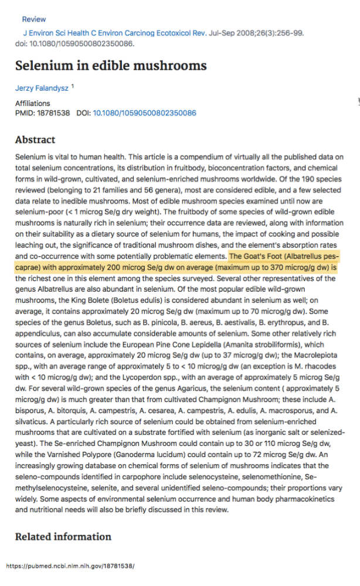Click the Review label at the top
pos(33,19)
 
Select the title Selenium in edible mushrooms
pos(111,65)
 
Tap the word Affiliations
pos(33,104)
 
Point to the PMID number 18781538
pos(54,113)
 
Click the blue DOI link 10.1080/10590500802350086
pos(144,113)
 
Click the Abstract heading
pos(35,139)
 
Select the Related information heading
pos(63,536)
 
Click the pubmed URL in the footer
pos(70,566)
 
